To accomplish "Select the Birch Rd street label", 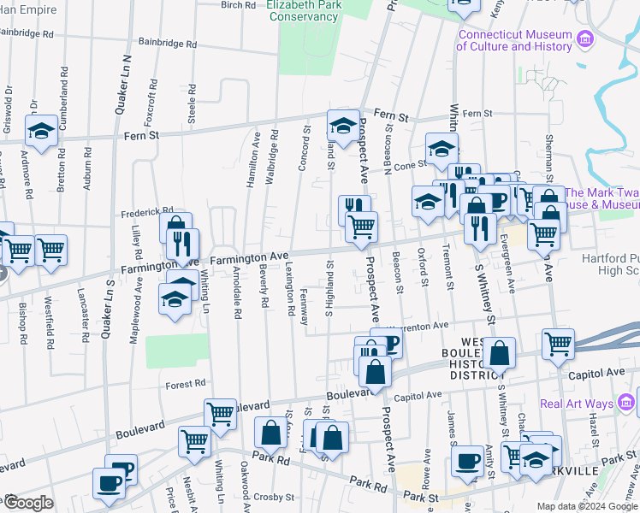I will click(239, 5).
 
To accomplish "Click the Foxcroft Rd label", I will click(153, 97).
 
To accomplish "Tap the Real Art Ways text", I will click(572, 404).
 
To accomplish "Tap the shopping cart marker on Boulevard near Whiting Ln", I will click(221, 414).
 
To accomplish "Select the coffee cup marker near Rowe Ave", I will click(467, 462).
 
